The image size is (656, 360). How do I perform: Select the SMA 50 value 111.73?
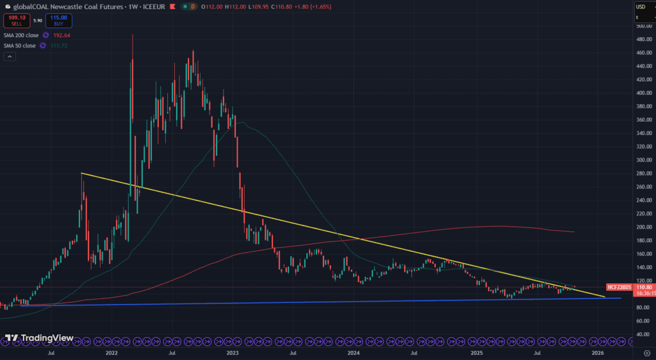click(x=58, y=45)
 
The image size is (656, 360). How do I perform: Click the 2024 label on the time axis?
click(x=354, y=352)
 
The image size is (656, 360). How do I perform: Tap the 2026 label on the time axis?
click(x=598, y=352)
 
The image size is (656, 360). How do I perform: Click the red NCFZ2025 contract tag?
click(x=619, y=288)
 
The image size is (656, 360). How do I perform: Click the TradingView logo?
click(x=38, y=338)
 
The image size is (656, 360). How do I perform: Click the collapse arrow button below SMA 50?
click(x=10, y=56)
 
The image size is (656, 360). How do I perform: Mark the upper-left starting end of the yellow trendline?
click(x=82, y=173)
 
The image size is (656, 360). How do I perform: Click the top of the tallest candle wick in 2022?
click(x=132, y=35)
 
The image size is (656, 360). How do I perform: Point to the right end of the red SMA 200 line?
click(x=574, y=232)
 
